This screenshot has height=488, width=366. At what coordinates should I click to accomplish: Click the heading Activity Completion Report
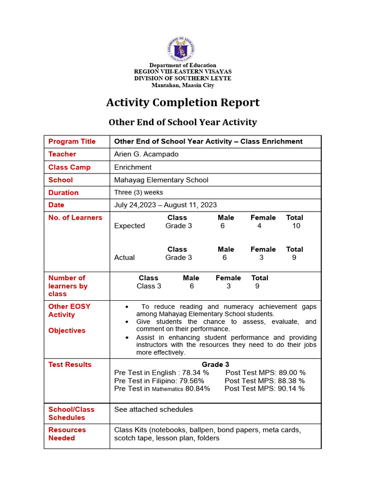point(183,102)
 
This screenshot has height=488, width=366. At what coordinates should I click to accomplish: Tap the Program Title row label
point(72,142)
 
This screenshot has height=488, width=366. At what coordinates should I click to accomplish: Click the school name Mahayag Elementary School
point(161,180)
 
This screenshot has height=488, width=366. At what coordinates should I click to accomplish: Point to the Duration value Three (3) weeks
point(138,193)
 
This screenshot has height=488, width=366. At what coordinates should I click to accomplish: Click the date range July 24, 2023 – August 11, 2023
point(165,205)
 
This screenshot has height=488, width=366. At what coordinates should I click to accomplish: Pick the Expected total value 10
point(296,226)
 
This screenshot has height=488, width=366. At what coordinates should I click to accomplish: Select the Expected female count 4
point(259,226)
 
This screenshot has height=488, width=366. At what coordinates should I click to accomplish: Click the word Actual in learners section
point(124,257)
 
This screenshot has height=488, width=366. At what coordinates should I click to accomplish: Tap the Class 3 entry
point(149,286)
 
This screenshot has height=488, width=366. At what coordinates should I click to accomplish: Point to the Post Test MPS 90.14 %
point(264,389)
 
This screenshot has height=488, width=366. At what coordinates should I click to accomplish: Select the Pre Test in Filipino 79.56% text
point(159,381)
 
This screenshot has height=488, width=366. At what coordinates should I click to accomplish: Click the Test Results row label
point(70,365)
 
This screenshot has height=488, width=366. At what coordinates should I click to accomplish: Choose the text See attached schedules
point(153,409)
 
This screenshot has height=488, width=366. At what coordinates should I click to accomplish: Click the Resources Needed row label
point(67,434)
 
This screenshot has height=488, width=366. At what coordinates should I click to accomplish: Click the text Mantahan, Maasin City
point(183,85)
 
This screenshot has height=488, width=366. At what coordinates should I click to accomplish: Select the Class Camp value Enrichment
point(133,167)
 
